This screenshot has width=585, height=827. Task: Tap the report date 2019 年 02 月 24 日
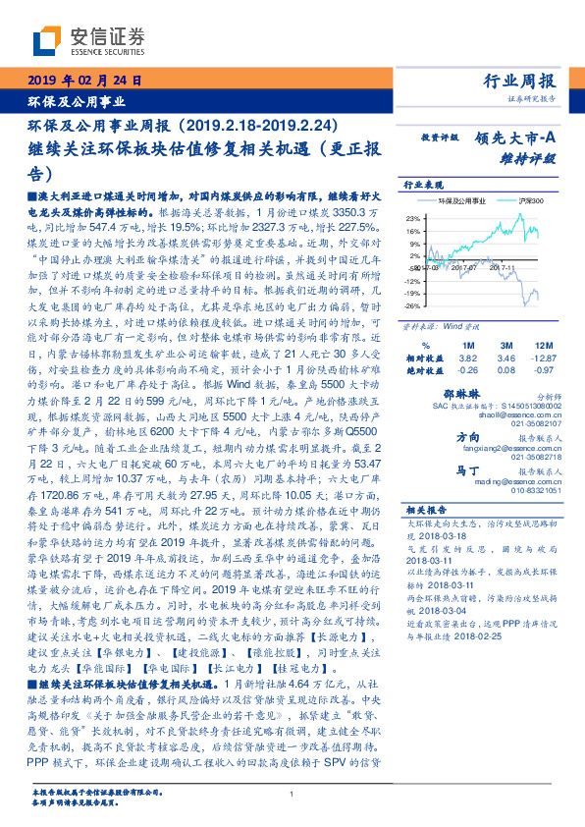pyautogui.click(x=84, y=80)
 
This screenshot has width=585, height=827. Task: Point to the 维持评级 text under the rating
pyautogui.click(x=529, y=156)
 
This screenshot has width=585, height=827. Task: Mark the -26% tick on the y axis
pyautogui.click(x=413, y=304)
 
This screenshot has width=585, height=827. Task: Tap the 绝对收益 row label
pyautogui.click(x=424, y=370)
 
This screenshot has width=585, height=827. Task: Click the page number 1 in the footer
pyautogui.click(x=292, y=794)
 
